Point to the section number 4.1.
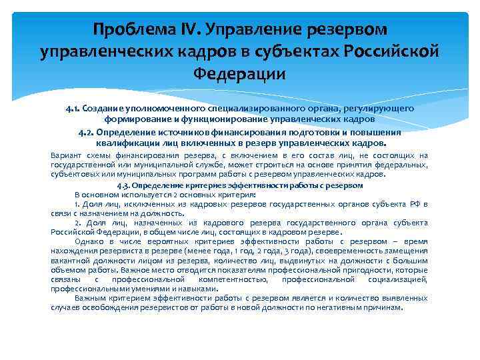coord(73,108)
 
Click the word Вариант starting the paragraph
coord(66,155)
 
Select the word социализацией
coord(391,279)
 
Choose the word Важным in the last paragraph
coord(93,298)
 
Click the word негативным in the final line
coord(344,308)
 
